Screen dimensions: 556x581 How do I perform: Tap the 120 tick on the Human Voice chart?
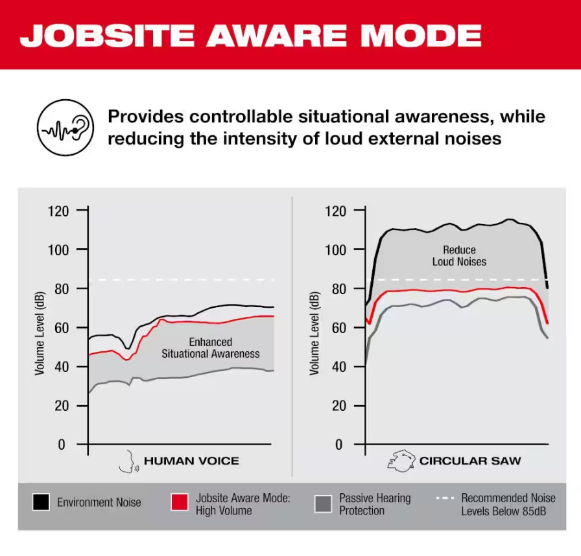click(x=57, y=211)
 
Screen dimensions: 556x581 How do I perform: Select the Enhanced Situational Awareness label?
click(x=210, y=348)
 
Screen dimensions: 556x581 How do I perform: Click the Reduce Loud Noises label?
click(x=459, y=256)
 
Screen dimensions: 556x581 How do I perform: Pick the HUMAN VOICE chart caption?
click(x=191, y=461)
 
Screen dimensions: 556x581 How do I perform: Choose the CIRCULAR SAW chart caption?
click(x=470, y=461)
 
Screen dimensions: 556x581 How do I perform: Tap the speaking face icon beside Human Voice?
click(x=127, y=461)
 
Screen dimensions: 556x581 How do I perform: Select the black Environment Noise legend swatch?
click(x=41, y=502)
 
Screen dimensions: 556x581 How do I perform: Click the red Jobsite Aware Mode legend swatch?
click(x=180, y=502)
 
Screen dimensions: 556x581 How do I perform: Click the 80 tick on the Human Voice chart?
click(x=60, y=288)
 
